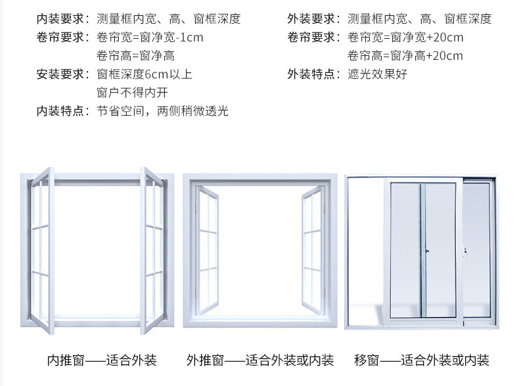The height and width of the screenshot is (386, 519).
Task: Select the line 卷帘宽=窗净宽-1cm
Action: (150, 37)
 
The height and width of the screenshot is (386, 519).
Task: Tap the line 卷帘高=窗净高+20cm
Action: (405, 56)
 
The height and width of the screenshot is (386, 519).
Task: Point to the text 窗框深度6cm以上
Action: (145, 74)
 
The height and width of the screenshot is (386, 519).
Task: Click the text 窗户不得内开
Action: (132, 93)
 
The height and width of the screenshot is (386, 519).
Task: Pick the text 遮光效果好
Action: (377, 74)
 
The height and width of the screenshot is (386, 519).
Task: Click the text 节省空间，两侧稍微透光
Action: (162, 111)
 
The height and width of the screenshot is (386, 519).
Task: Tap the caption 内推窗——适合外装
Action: (102, 360)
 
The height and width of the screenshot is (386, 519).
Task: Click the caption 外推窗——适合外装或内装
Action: (260, 360)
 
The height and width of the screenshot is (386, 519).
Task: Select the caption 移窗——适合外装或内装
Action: (422, 360)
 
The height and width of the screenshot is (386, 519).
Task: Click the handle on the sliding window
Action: (426, 251)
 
